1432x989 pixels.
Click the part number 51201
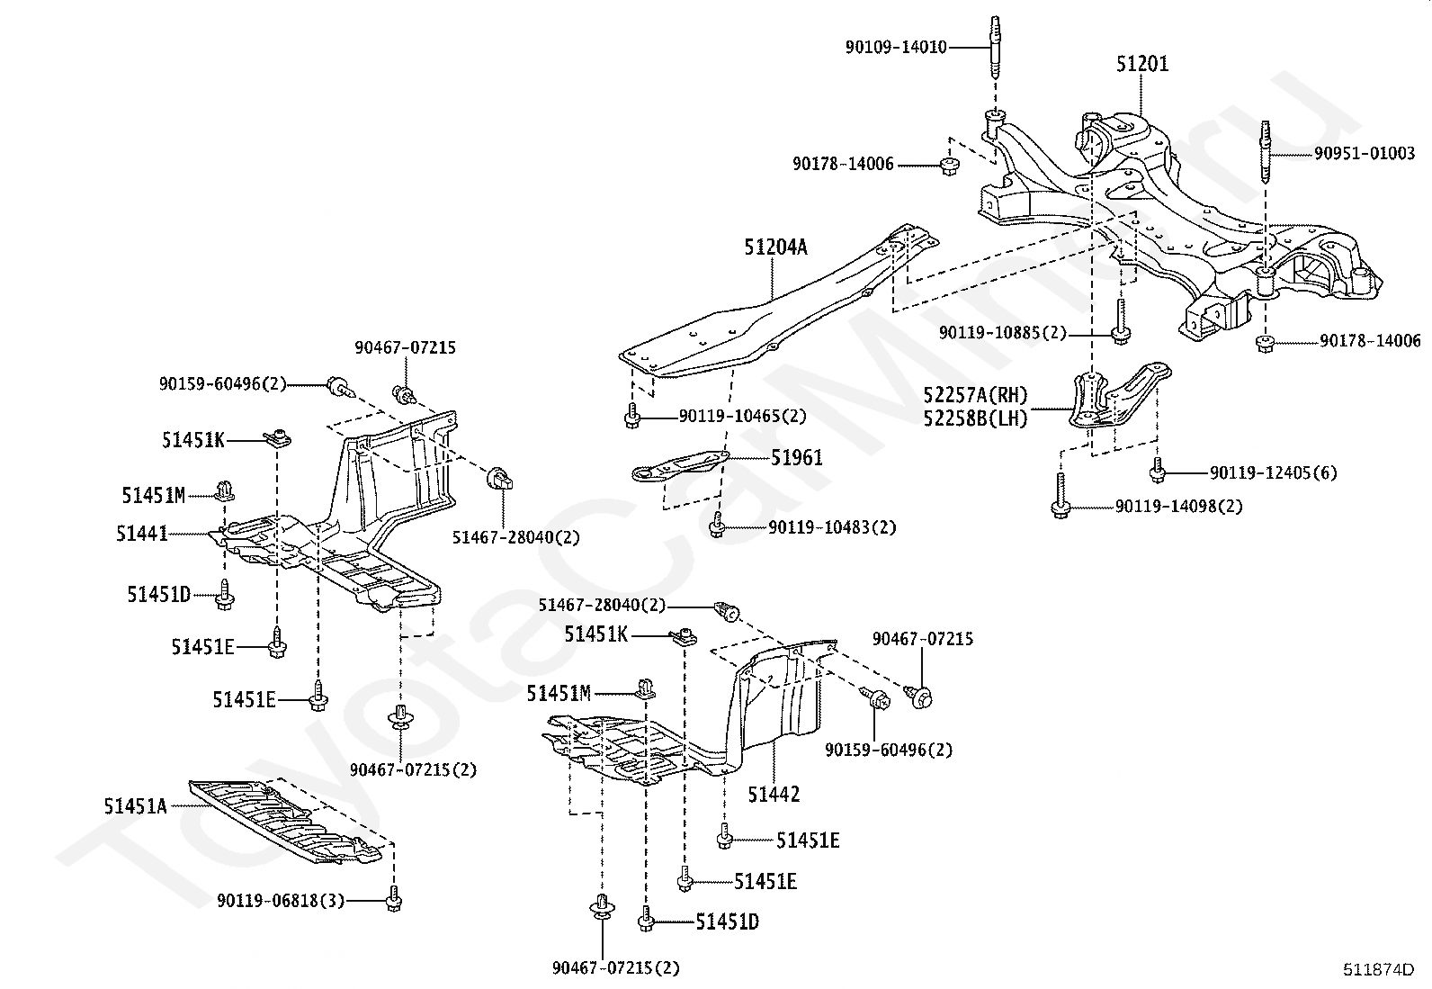[1142, 64]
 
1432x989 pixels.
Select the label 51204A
[775, 247]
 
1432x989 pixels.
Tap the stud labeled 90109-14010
[995, 49]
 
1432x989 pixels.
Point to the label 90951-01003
[1364, 154]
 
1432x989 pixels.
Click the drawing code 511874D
[1378, 969]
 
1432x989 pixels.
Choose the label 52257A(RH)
[975, 395]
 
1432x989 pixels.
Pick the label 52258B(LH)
[975, 418]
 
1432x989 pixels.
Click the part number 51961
[796, 458]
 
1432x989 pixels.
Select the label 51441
[142, 534]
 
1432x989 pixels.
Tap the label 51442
[774, 795]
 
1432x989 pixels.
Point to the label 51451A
[135, 806]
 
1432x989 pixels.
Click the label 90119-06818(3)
[281, 900]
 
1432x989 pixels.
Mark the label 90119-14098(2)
[1178, 507]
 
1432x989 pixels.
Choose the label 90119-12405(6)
[1273, 472]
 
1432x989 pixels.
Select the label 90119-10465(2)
[742, 416]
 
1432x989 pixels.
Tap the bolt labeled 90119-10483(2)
[717, 525]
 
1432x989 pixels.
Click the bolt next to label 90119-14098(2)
[1061, 496]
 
